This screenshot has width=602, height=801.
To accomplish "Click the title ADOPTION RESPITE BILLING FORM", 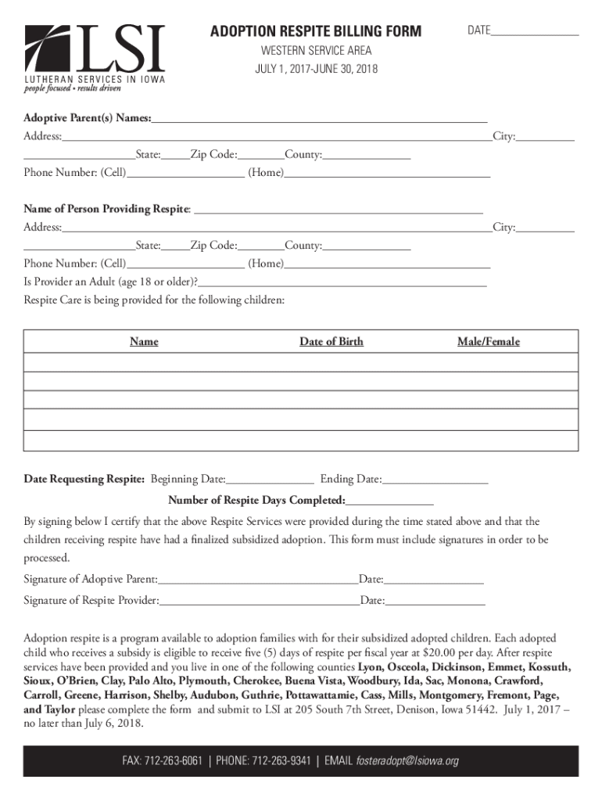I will (x=315, y=31).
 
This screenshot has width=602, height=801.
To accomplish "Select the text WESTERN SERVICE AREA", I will (x=316, y=51).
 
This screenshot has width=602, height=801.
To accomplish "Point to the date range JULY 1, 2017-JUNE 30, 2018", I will (x=316, y=70).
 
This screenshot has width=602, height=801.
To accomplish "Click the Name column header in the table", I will (x=144, y=342).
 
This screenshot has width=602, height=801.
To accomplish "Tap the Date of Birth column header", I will (x=331, y=342).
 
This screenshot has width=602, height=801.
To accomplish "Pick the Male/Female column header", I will (x=488, y=342).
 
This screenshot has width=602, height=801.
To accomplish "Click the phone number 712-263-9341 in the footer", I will (x=284, y=761).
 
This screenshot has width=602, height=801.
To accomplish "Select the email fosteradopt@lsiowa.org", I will (x=407, y=761).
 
